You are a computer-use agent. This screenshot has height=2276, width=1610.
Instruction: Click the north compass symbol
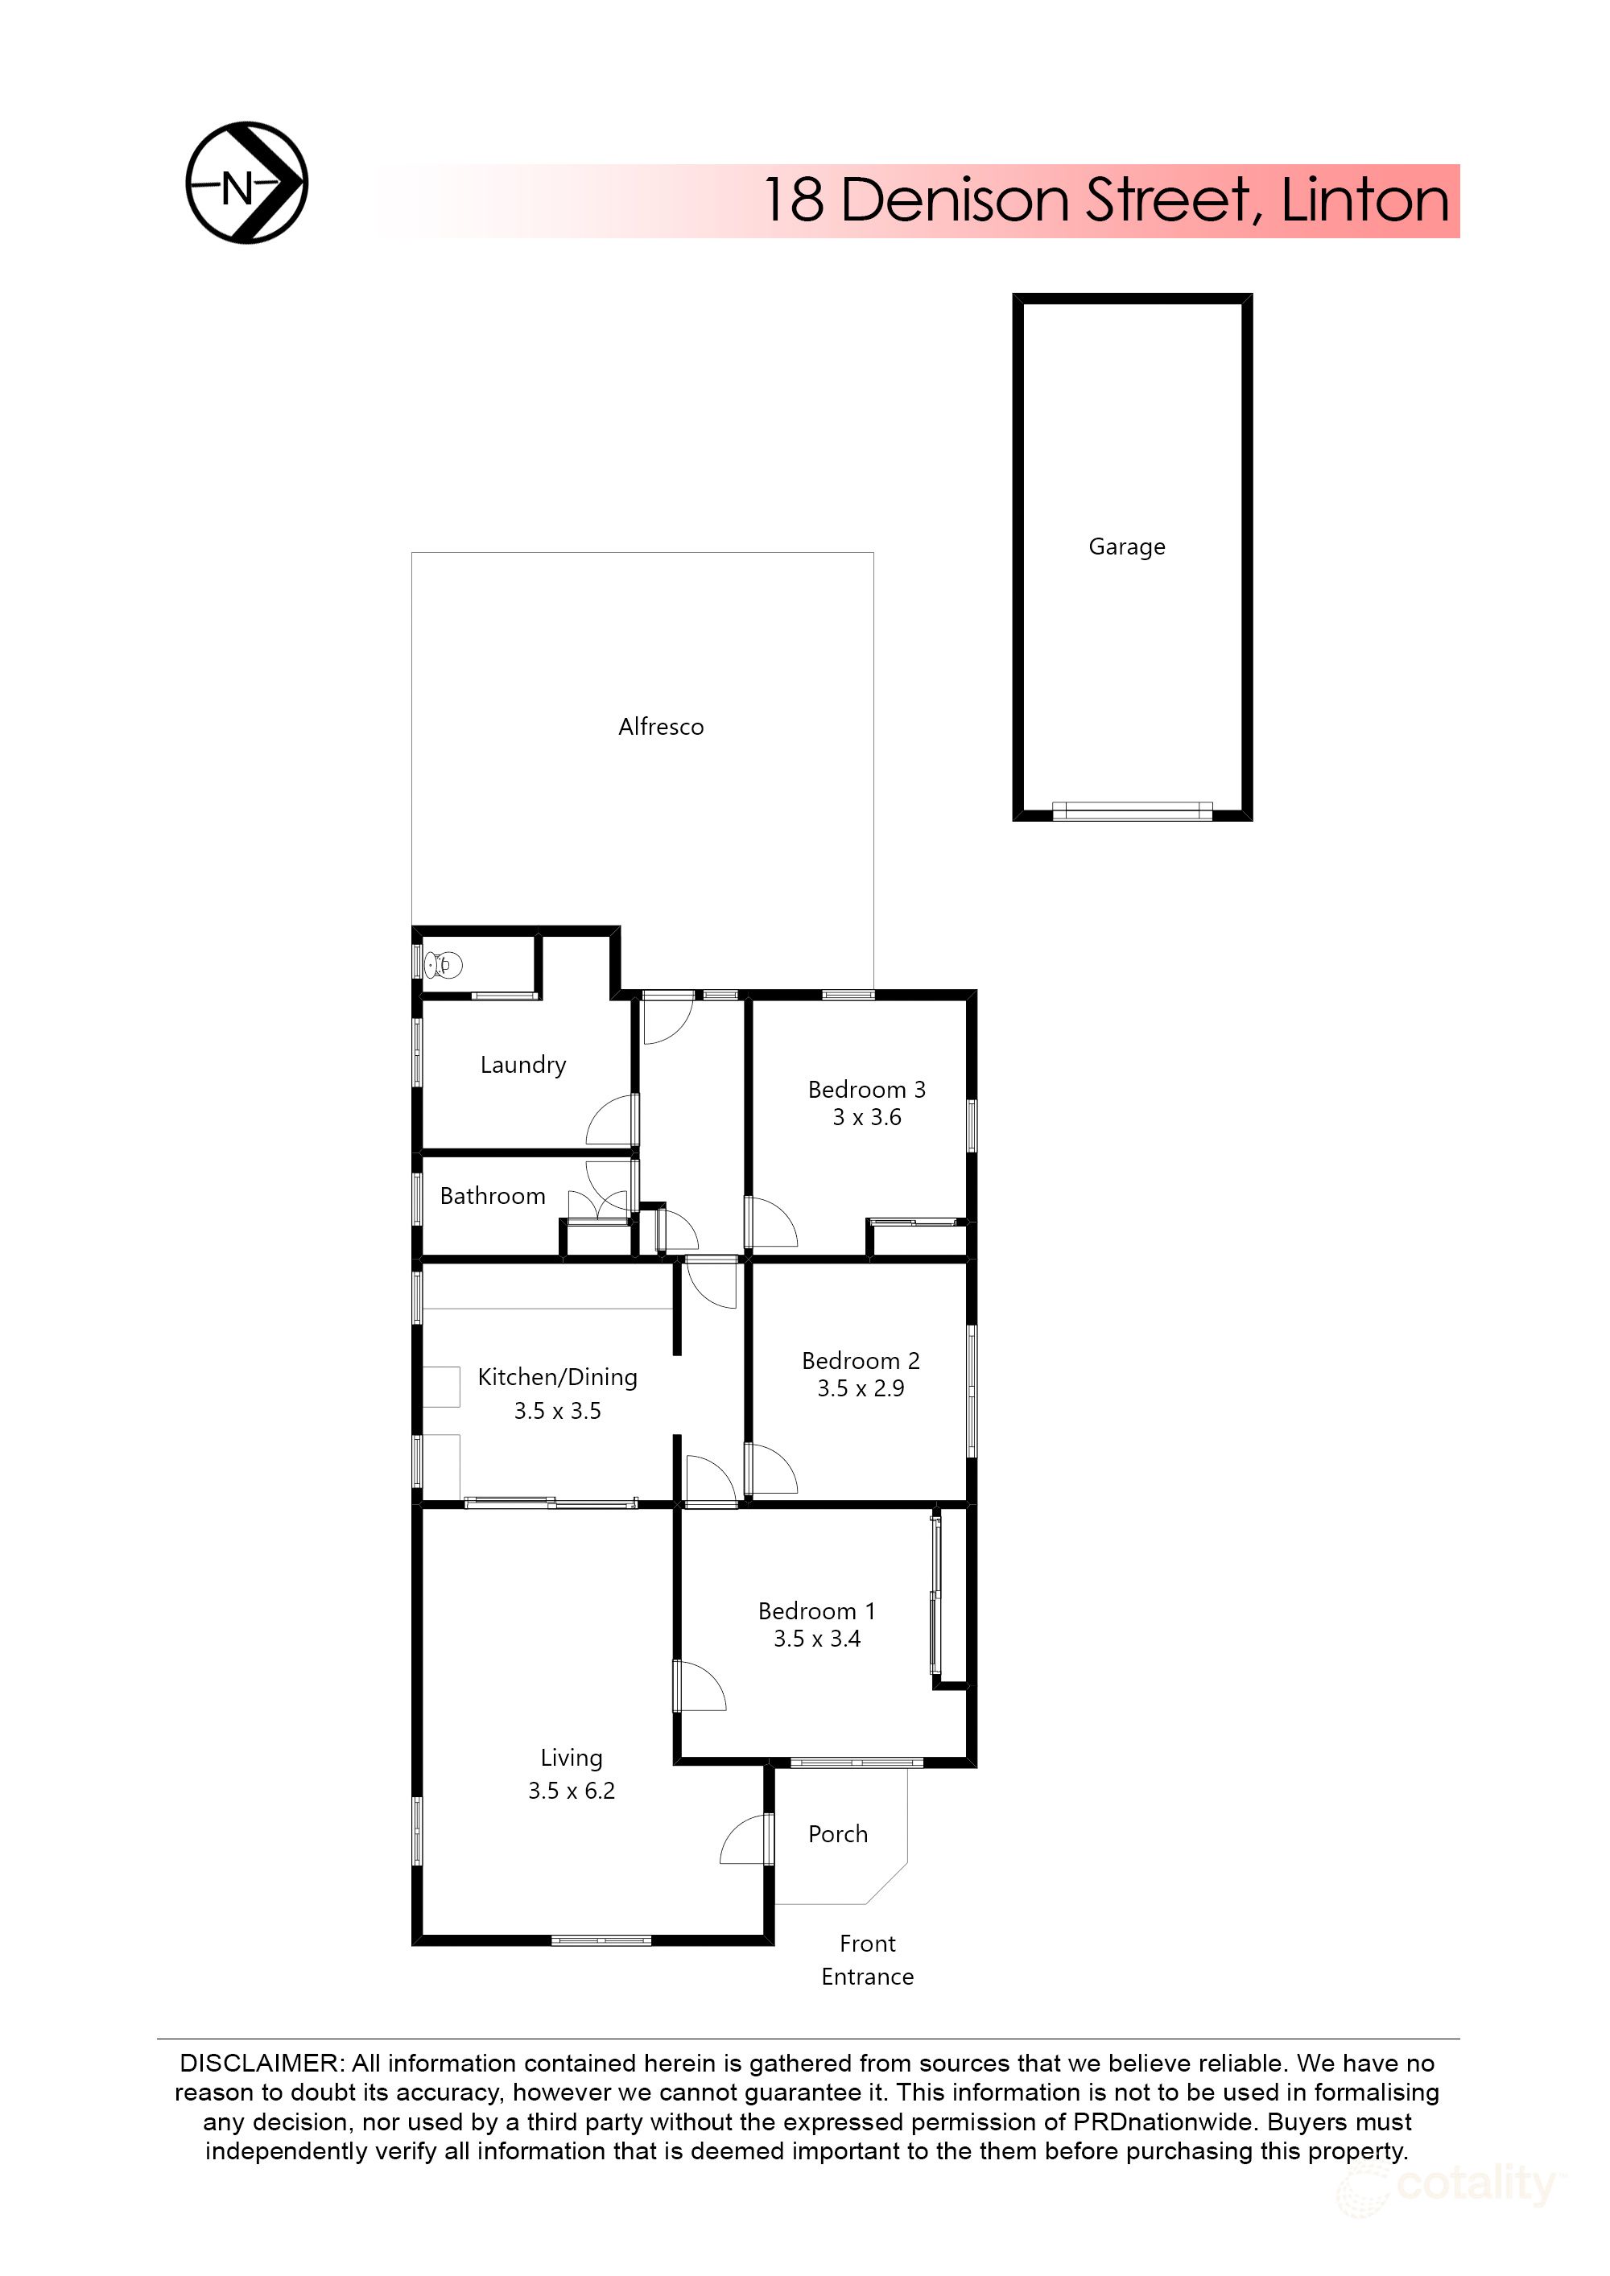click(x=247, y=183)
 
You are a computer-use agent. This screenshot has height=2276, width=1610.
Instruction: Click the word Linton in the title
click(x=1364, y=200)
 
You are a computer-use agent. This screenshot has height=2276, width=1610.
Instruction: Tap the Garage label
click(x=1126, y=546)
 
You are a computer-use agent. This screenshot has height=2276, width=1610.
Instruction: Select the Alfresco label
click(x=660, y=727)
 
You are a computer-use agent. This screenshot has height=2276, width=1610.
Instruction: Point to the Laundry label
click(x=522, y=1065)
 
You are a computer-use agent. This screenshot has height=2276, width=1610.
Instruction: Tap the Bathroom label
click(x=492, y=1197)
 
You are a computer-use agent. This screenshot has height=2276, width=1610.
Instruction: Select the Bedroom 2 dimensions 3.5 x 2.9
click(x=861, y=1389)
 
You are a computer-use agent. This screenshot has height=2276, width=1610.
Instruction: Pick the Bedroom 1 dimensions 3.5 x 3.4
click(x=817, y=1639)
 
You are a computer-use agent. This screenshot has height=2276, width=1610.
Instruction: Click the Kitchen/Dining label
click(x=557, y=1377)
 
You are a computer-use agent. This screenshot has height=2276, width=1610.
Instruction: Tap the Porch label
click(x=838, y=1835)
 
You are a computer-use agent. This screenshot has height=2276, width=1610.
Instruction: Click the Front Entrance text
click(x=868, y=1960)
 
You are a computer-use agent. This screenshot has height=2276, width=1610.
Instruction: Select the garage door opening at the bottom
click(x=1131, y=812)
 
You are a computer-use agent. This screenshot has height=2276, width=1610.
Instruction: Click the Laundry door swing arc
click(x=609, y=1122)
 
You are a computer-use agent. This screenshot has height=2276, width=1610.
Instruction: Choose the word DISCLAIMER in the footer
click(x=261, y=2063)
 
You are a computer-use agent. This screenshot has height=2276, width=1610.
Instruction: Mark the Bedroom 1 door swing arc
click(x=701, y=1686)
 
